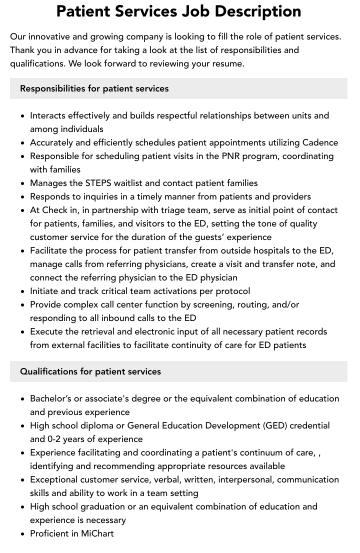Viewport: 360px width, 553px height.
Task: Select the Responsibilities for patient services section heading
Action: (x=94, y=88)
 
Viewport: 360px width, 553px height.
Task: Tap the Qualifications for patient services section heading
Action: (x=90, y=371)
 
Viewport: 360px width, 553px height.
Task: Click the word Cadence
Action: (x=320, y=142)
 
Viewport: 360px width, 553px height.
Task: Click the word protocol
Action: (x=231, y=291)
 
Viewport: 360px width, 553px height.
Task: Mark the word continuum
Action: (x=258, y=452)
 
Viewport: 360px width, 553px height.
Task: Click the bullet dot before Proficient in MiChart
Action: (x=23, y=534)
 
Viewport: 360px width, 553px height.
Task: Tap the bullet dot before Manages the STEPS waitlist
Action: (x=23, y=183)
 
